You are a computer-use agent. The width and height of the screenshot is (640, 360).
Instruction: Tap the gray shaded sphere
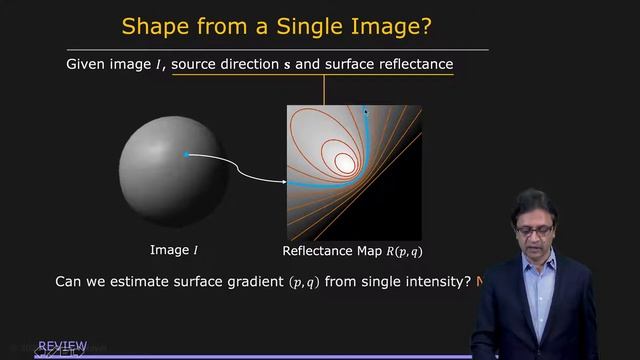(x=166, y=171)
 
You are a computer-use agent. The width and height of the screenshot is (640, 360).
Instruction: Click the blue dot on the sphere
(x=186, y=154)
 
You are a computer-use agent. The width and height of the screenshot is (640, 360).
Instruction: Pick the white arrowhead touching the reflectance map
(x=284, y=182)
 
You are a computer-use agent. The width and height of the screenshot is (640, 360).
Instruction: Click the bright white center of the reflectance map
(x=344, y=160)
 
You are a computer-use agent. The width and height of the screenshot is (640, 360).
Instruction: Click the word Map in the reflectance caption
(x=370, y=250)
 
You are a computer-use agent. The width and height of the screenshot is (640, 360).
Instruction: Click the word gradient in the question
(x=255, y=283)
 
